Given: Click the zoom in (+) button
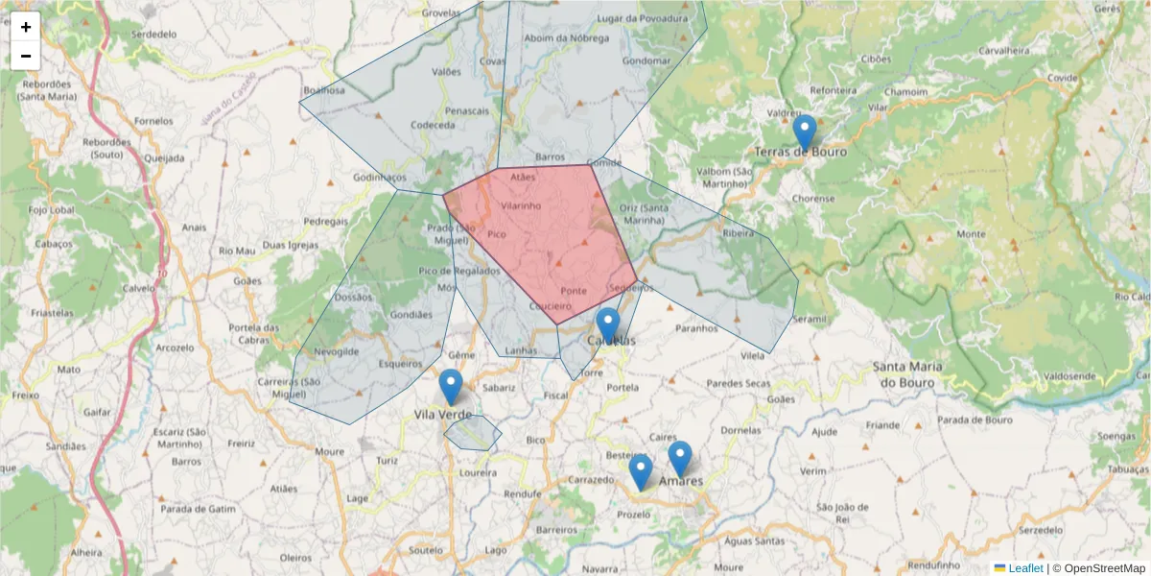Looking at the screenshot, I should pos(26,27).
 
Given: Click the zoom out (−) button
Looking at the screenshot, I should pos(26,56).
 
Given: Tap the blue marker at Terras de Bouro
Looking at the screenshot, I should pos(805,132).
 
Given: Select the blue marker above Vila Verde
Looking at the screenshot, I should pos(451,386).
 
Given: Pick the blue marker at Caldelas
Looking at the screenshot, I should pos(607,324).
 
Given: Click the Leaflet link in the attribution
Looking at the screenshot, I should pos(1025,568).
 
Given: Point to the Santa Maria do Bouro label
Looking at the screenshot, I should pos(907,374).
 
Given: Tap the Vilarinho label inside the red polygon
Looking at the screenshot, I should pos(520,205).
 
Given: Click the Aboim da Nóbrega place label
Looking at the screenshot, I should pos(567,38).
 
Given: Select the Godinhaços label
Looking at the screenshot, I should pos(380,178).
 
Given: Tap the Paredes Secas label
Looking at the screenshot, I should pos(738,384).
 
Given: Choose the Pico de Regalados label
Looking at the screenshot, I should pos(459,271).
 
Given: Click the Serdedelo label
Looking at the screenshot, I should pos(154,34).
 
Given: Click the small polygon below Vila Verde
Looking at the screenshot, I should pos(472,433).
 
